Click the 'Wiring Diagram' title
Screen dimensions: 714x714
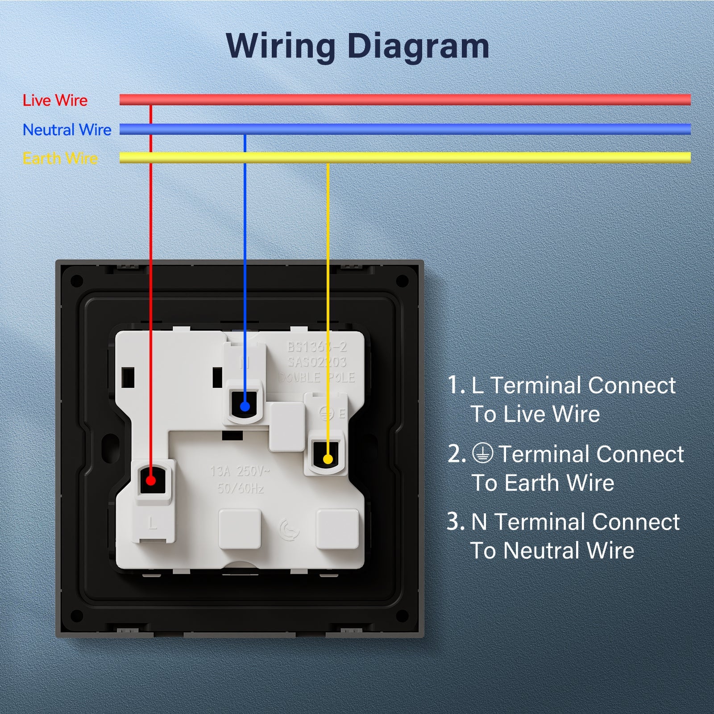coord(357,46)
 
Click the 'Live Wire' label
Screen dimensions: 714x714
coord(55,100)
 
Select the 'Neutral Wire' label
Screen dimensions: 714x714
coord(67,130)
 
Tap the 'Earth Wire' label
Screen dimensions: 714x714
coord(60,158)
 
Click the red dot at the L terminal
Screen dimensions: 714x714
coord(151,481)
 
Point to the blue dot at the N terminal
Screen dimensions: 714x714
coord(245,407)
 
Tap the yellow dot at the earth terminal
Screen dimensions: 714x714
coord(328,459)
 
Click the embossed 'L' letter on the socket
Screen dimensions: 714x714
coord(153,523)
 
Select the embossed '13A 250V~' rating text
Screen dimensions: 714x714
coord(240,471)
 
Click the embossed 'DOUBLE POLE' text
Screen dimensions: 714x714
coord(316,378)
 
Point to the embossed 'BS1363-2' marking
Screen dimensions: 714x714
coord(316,347)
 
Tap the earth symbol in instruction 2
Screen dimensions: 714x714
coord(483,453)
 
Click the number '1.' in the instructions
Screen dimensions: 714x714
coord(456,385)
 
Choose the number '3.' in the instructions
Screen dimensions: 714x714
coord(456,521)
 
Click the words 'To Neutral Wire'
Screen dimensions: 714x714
coord(552,550)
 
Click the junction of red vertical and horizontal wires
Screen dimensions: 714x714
coord(151,100)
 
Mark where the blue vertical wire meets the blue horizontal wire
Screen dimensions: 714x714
coord(245,130)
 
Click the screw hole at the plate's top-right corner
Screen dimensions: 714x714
coord(402,281)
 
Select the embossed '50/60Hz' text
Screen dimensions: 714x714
coord(240,488)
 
